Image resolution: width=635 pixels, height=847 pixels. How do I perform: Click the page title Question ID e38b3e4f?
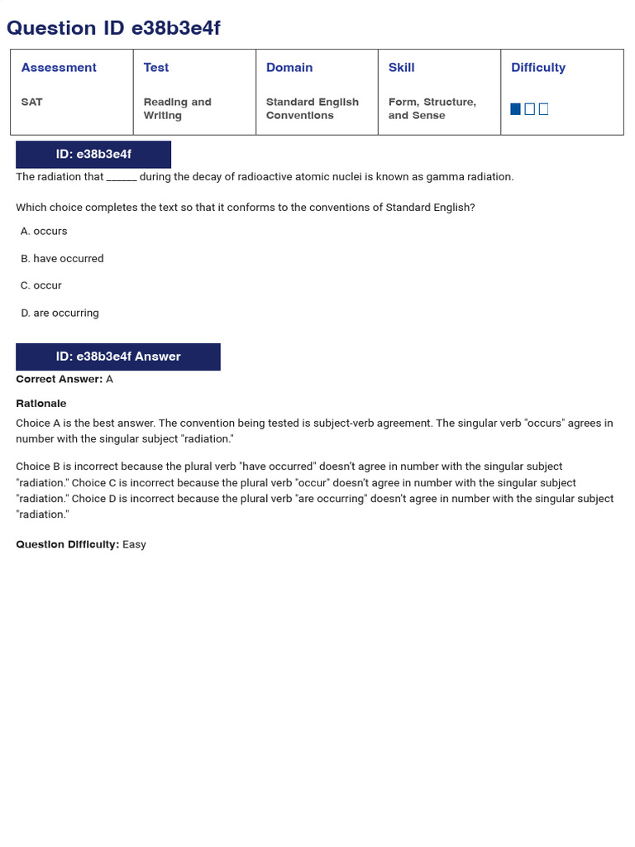click(x=113, y=28)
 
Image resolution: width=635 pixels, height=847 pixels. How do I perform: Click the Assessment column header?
click(x=59, y=68)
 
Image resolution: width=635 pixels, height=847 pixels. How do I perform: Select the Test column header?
click(x=156, y=68)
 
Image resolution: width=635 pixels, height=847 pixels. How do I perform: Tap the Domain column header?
click(x=289, y=68)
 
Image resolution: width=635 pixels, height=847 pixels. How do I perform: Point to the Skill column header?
click(x=402, y=68)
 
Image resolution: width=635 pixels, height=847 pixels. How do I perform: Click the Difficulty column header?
click(x=538, y=68)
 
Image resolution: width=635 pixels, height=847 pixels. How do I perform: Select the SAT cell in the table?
click(x=32, y=102)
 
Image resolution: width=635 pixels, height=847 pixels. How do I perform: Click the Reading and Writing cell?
click(x=177, y=108)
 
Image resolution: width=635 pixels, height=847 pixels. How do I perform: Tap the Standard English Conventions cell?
click(x=312, y=108)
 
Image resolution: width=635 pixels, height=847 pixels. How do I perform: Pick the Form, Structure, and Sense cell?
click(x=432, y=108)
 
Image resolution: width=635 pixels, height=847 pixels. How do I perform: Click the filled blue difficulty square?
click(x=516, y=109)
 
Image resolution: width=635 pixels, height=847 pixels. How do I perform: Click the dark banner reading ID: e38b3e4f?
click(x=93, y=155)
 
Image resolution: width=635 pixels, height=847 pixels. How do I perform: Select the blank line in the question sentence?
click(x=122, y=177)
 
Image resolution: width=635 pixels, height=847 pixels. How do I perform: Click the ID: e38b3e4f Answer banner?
click(x=118, y=357)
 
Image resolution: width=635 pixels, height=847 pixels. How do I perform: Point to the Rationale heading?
click(x=41, y=404)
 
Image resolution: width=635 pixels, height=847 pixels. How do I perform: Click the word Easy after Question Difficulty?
click(x=134, y=544)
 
